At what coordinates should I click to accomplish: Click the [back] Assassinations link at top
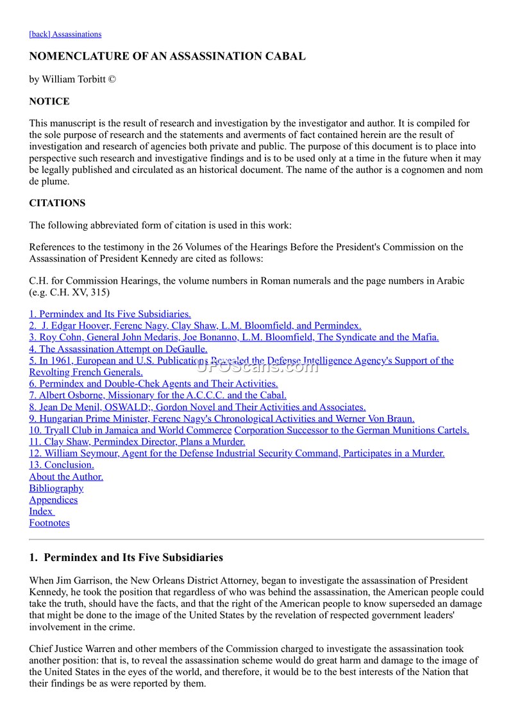coord(65,34)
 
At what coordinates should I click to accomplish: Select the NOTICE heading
coord(49,101)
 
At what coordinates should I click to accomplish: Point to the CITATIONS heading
coord(57,203)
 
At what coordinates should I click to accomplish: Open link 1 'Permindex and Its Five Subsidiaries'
coord(110,314)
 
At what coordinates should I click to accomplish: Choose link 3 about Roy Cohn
coord(234,337)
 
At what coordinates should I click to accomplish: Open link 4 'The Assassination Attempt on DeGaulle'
coord(118,349)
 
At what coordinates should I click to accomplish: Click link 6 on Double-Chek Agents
coord(153,384)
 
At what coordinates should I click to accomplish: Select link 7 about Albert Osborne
coord(158,395)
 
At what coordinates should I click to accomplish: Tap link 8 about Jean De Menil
coord(198,407)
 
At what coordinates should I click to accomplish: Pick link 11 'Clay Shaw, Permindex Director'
coord(137,442)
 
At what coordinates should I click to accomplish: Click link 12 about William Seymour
coord(237,453)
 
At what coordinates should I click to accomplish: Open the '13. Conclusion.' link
coord(62,465)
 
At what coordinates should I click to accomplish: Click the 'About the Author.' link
coord(66,477)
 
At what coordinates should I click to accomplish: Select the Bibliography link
coord(56,488)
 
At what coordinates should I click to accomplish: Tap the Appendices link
coord(53,500)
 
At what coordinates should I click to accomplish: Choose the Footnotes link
coord(49,523)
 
